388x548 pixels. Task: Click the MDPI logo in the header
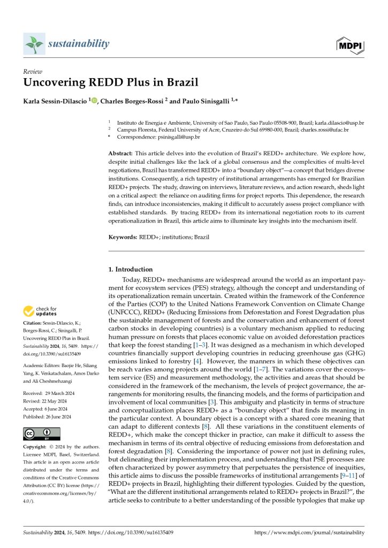(352, 44)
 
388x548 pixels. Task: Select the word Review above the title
(33, 71)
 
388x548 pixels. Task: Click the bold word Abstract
(121, 153)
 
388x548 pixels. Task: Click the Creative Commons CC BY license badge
(42, 433)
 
